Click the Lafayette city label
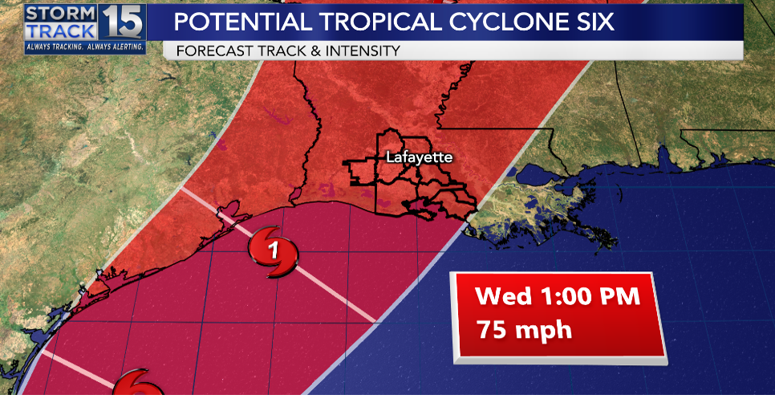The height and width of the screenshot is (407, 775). pos(419,157)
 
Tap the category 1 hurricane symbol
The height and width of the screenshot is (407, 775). pos(274,253)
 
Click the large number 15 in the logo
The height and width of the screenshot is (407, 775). pos(123,22)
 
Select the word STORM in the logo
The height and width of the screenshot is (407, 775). pos(60,14)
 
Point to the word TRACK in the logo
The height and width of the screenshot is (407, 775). pos(60,31)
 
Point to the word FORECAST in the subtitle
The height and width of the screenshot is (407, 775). pos(211,51)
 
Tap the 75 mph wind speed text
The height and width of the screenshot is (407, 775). pos(524,329)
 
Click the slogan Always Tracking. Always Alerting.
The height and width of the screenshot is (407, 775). pos(85,47)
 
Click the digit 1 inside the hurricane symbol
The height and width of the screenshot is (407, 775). pos(274,251)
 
